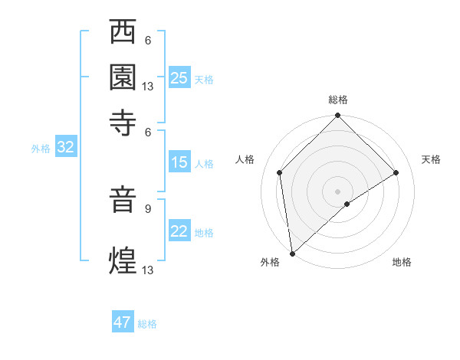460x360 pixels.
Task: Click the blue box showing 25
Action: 179,78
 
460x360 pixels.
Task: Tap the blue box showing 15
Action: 179,162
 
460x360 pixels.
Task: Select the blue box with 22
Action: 179,232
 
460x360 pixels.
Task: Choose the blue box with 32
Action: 65,148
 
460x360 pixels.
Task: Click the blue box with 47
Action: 123,322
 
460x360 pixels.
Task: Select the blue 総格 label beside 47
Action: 147,324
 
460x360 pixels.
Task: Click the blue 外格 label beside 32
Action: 40,149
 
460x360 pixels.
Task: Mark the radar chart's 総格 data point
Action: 338,116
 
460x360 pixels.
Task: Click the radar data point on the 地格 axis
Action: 347,204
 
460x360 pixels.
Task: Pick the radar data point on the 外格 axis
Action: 292,254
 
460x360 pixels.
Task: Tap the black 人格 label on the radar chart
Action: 245,159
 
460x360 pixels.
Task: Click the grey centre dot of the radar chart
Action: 338,191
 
